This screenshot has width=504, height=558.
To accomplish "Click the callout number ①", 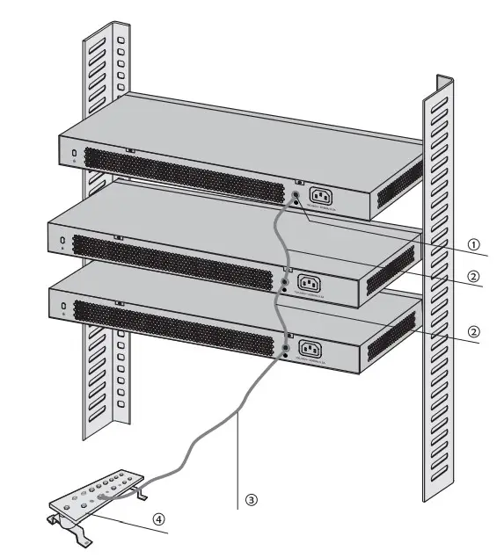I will (x=472, y=245).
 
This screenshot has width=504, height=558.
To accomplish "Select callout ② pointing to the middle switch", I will (x=472, y=276).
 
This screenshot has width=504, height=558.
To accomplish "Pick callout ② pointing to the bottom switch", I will (x=472, y=332).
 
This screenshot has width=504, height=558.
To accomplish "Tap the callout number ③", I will (x=251, y=499).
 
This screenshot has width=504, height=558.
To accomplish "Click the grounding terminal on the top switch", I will (x=296, y=196).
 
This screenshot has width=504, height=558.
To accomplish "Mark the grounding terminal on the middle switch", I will (x=285, y=281).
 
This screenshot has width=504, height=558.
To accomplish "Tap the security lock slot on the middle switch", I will (x=62, y=240).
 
